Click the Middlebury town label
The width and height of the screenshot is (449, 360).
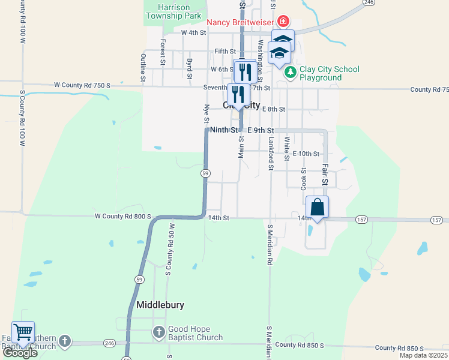160,305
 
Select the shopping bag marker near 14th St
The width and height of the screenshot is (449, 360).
318,208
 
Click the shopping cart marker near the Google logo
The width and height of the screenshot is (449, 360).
23,332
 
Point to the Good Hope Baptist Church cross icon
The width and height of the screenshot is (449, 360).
158,332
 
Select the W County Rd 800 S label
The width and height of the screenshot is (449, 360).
122,217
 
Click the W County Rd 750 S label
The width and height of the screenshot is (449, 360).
82,86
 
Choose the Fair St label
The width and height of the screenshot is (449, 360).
325,174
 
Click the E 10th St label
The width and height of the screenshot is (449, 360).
306,154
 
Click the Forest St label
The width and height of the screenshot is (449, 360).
163,52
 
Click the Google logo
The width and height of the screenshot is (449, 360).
19,353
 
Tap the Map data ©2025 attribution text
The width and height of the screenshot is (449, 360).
423,355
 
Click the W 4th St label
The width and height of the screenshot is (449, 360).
193,32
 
